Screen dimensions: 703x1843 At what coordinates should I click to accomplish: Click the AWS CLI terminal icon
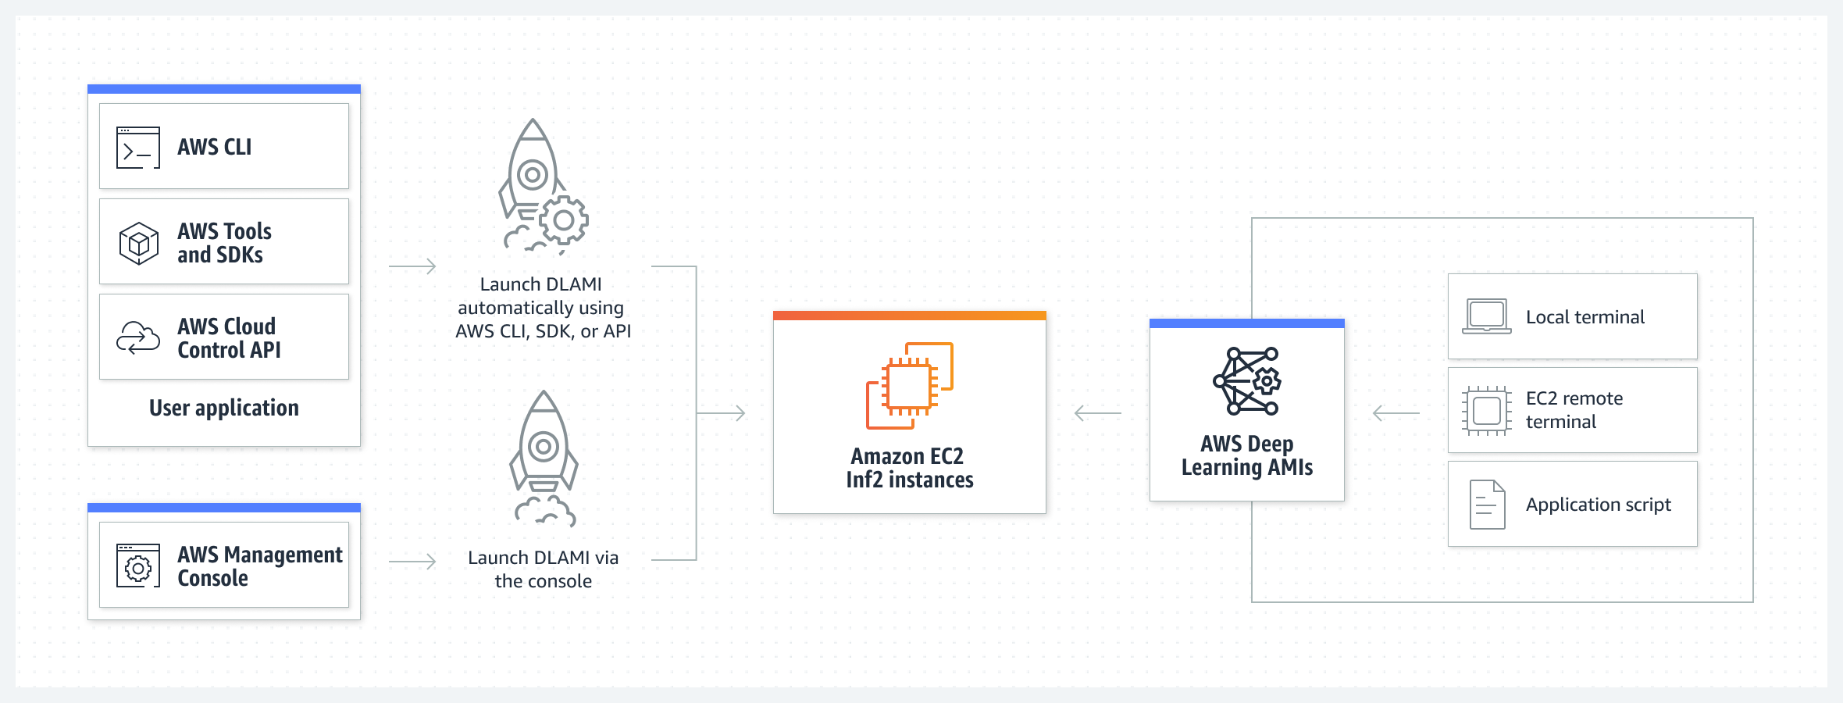(x=138, y=148)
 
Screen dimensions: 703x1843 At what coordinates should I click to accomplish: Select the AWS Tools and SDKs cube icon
(x=138, y=243)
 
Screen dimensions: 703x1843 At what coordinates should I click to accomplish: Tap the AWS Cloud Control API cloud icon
(x=138, y=337)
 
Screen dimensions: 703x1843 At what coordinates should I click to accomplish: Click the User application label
(x=224, y=408)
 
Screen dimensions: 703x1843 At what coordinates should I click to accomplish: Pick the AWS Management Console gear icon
(x=138, y=566)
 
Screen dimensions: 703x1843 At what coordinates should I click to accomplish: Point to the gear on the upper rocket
(x=563, y=220)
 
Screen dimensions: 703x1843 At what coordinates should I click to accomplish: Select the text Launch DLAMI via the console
(x=544, y=569)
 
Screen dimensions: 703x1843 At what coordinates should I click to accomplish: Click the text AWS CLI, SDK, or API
(x=544, y=331)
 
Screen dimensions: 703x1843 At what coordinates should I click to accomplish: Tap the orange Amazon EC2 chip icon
(x=910, y=385)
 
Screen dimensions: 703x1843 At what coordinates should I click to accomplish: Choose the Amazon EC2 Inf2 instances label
(x=910, y=468)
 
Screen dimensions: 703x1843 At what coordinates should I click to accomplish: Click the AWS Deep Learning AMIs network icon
(x=1247, y=381)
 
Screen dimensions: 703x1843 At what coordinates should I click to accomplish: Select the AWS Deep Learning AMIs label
(x=1247, y=455)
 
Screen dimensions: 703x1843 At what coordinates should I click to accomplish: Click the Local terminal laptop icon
(x=1486, y=316)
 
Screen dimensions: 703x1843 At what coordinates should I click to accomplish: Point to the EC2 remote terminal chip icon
(x=1486, y=410)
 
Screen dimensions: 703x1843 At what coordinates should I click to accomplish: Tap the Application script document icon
(x=1487, y=505)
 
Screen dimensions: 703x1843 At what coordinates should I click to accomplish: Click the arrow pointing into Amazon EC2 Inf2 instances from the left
(x=722, y=412)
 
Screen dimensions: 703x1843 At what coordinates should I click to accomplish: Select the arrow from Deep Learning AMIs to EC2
(x=1098, y=412)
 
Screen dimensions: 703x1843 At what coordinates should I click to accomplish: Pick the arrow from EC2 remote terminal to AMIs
(x=1396, y=412)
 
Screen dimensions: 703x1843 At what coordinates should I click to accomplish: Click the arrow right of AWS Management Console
(x=412, y=561)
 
